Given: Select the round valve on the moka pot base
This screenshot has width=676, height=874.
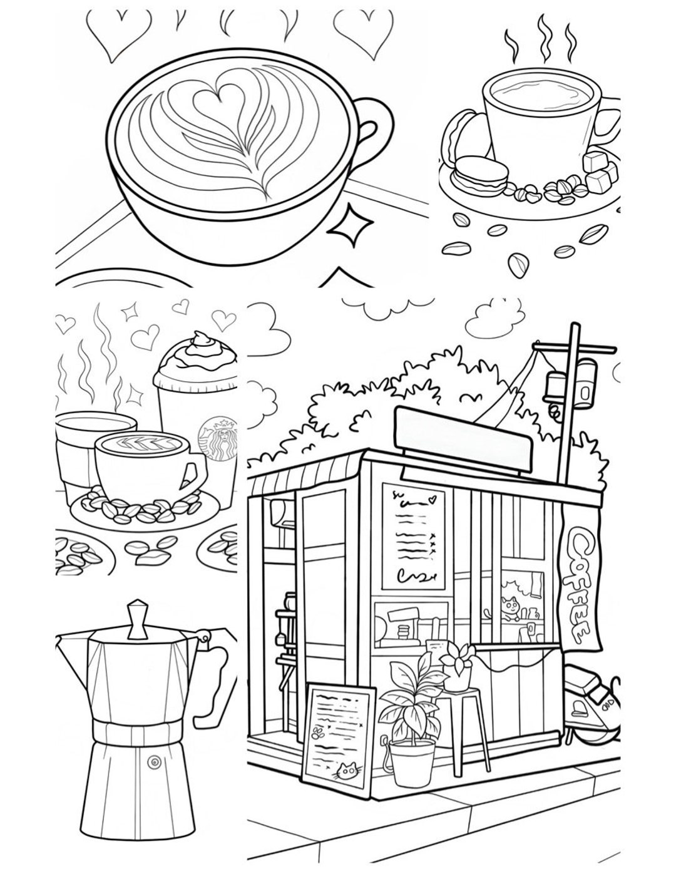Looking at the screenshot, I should pyautogui.click(x=153, y=761).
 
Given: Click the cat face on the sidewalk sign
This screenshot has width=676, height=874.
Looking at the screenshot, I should pyautogui.click(x=344, y=771).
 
